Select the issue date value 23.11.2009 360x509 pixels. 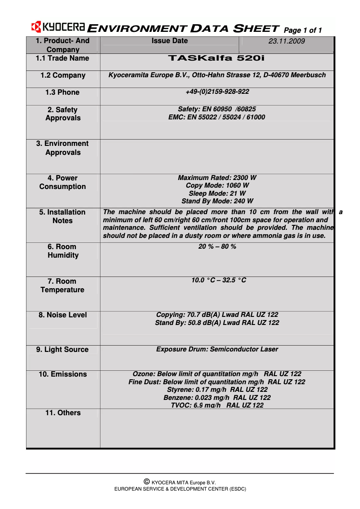click(x=286, y=41)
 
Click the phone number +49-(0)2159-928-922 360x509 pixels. click(x=217, y=92)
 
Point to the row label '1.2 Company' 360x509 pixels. click(x=63, y=75)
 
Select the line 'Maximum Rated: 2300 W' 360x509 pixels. click(x=217, y=178)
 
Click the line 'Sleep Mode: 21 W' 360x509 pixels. click(x=217, y=193)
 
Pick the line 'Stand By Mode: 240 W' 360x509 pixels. click(x=217, y=201)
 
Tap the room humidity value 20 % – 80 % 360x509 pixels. click(x=217, y=247)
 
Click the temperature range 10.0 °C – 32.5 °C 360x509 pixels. click(x=219, y=281)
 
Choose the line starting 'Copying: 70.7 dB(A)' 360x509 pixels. click(x=217, y=315)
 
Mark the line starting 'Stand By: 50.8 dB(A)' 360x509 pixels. click(x=217, y=323)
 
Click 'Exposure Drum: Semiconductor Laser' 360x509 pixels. click(x=217, y=349)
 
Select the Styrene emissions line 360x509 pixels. click(x=217, y=390)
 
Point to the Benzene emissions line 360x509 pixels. click(x=217, y=398)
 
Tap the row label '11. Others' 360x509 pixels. click(x=63, y=413)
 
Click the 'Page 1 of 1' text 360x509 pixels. click(x=303, y=31)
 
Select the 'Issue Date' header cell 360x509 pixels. click(x=170, y=41)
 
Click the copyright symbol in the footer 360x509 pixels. click(x=146, y=482)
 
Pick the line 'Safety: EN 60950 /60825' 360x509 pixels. click(x=217, y=109)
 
